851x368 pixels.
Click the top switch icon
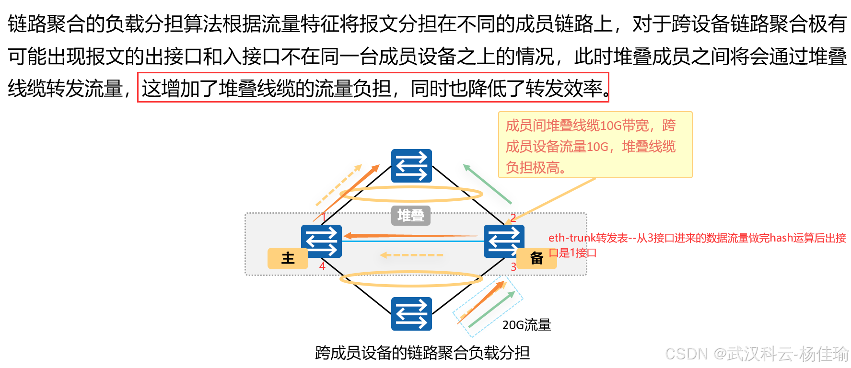click(411, 166)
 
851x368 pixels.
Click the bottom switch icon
click(411, 314)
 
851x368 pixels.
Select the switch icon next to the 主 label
click(321, 241)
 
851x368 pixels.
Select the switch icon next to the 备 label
click(503, 241)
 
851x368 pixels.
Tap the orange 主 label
click(288, 258)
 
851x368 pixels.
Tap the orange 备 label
click(537, 258)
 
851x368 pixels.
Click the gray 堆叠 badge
click(411, 216)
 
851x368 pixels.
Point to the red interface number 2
click(513, 218)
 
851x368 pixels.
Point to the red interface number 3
click(513, 267)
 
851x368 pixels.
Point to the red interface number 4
click(322, 266)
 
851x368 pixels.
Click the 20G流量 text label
click(526, 325)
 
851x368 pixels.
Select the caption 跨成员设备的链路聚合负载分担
click(422, 353)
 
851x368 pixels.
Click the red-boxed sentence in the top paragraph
click(373, 88)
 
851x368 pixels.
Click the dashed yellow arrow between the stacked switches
click(411, 255)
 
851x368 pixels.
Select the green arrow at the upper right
click(488, 184)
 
